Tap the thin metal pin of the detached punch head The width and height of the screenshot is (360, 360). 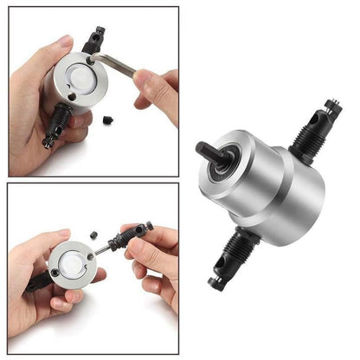[x=103, y=248]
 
